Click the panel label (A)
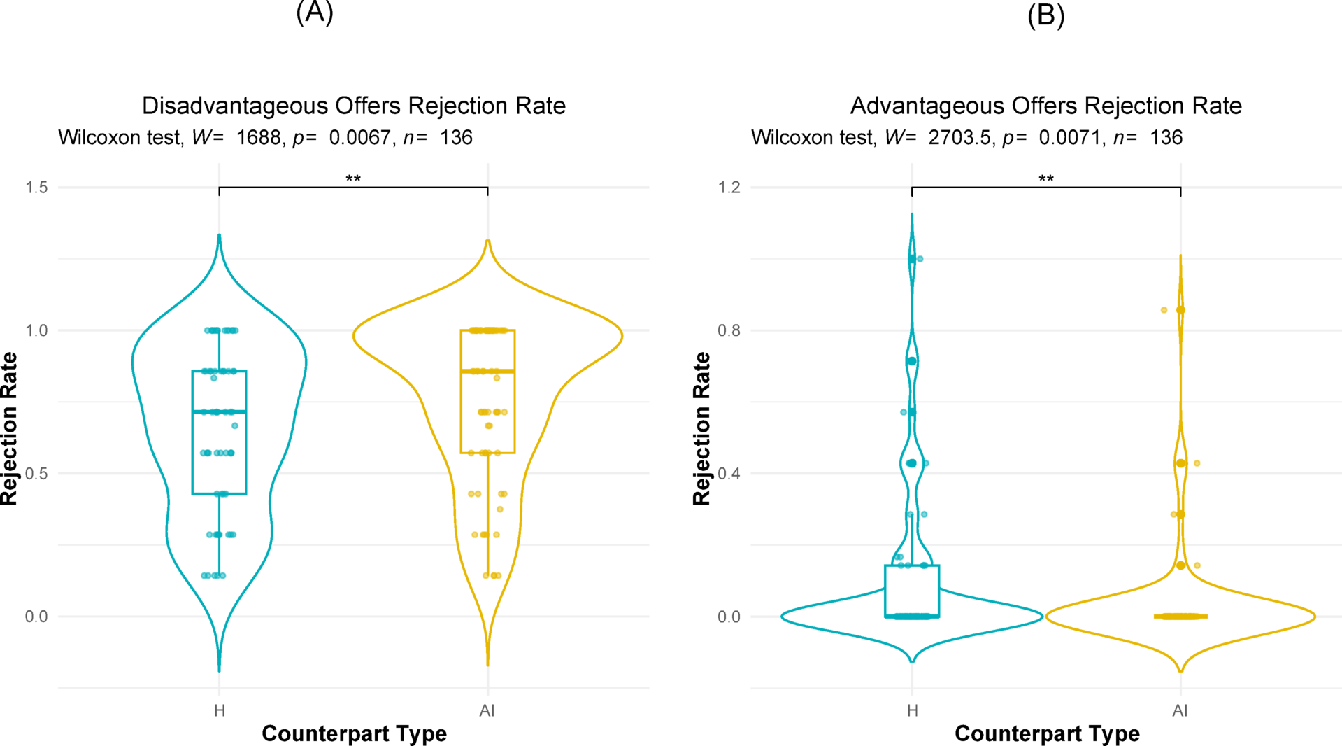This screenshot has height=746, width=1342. click(x=315, y=12)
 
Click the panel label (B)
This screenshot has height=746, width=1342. click(x=1045, y=15)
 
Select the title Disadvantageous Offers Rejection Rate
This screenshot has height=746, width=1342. click(x=353, y=106)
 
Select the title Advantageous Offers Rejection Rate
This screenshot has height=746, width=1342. click(x=1045, y=106)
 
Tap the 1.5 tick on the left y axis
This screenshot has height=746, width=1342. click(x=36, y=188)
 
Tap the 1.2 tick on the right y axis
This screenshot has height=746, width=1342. click(x=729, y=188)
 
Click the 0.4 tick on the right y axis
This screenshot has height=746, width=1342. click(x=729, y=474)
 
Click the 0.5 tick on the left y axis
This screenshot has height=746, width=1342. click(x=36, y=474)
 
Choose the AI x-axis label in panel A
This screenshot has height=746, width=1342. click(x=487, y=711)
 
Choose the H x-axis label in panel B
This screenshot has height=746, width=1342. click(x=912, y=711)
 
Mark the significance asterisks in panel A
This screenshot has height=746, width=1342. click(x=353, y=179)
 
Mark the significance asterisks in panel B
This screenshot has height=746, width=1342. click(x=1045, y=179)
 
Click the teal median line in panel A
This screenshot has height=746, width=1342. click(x=219, y=411)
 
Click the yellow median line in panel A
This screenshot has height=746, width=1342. click(x=487, y=371)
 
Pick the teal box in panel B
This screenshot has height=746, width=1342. click(x=912, y=591)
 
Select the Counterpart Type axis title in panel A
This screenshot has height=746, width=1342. click(x=354, y=733)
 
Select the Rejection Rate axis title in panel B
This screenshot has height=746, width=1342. click(x=701, y=428)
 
